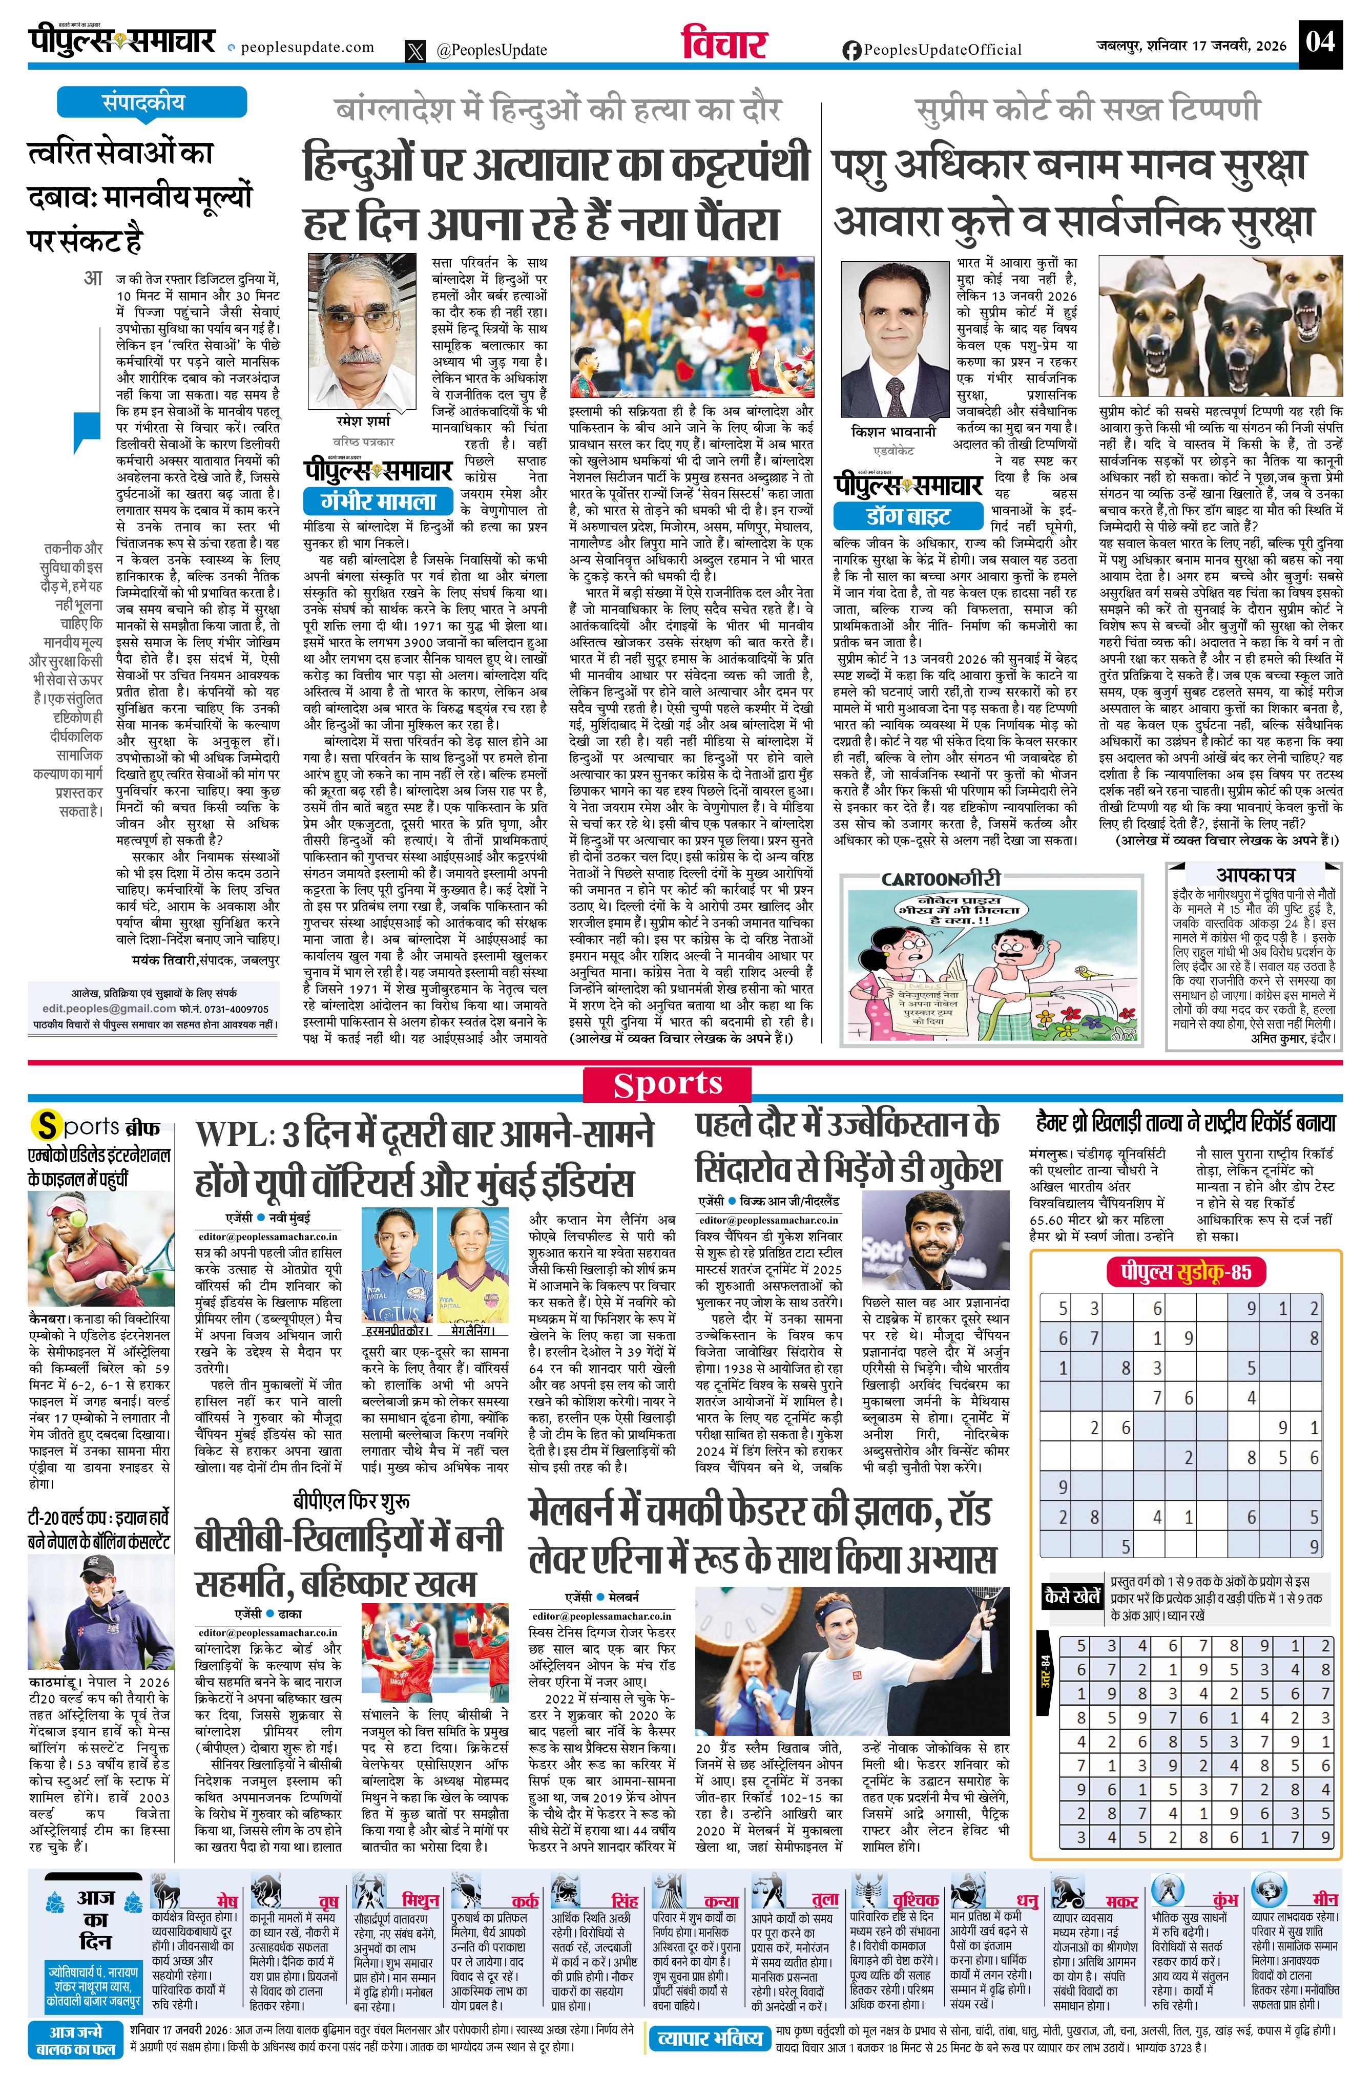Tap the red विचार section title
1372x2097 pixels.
(x=724, y=44)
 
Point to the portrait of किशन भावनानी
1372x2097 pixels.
(x=893, y=339)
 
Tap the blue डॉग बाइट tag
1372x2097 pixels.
(x=908, y=515)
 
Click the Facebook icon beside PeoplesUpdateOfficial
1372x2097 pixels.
(x=851, y=51)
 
